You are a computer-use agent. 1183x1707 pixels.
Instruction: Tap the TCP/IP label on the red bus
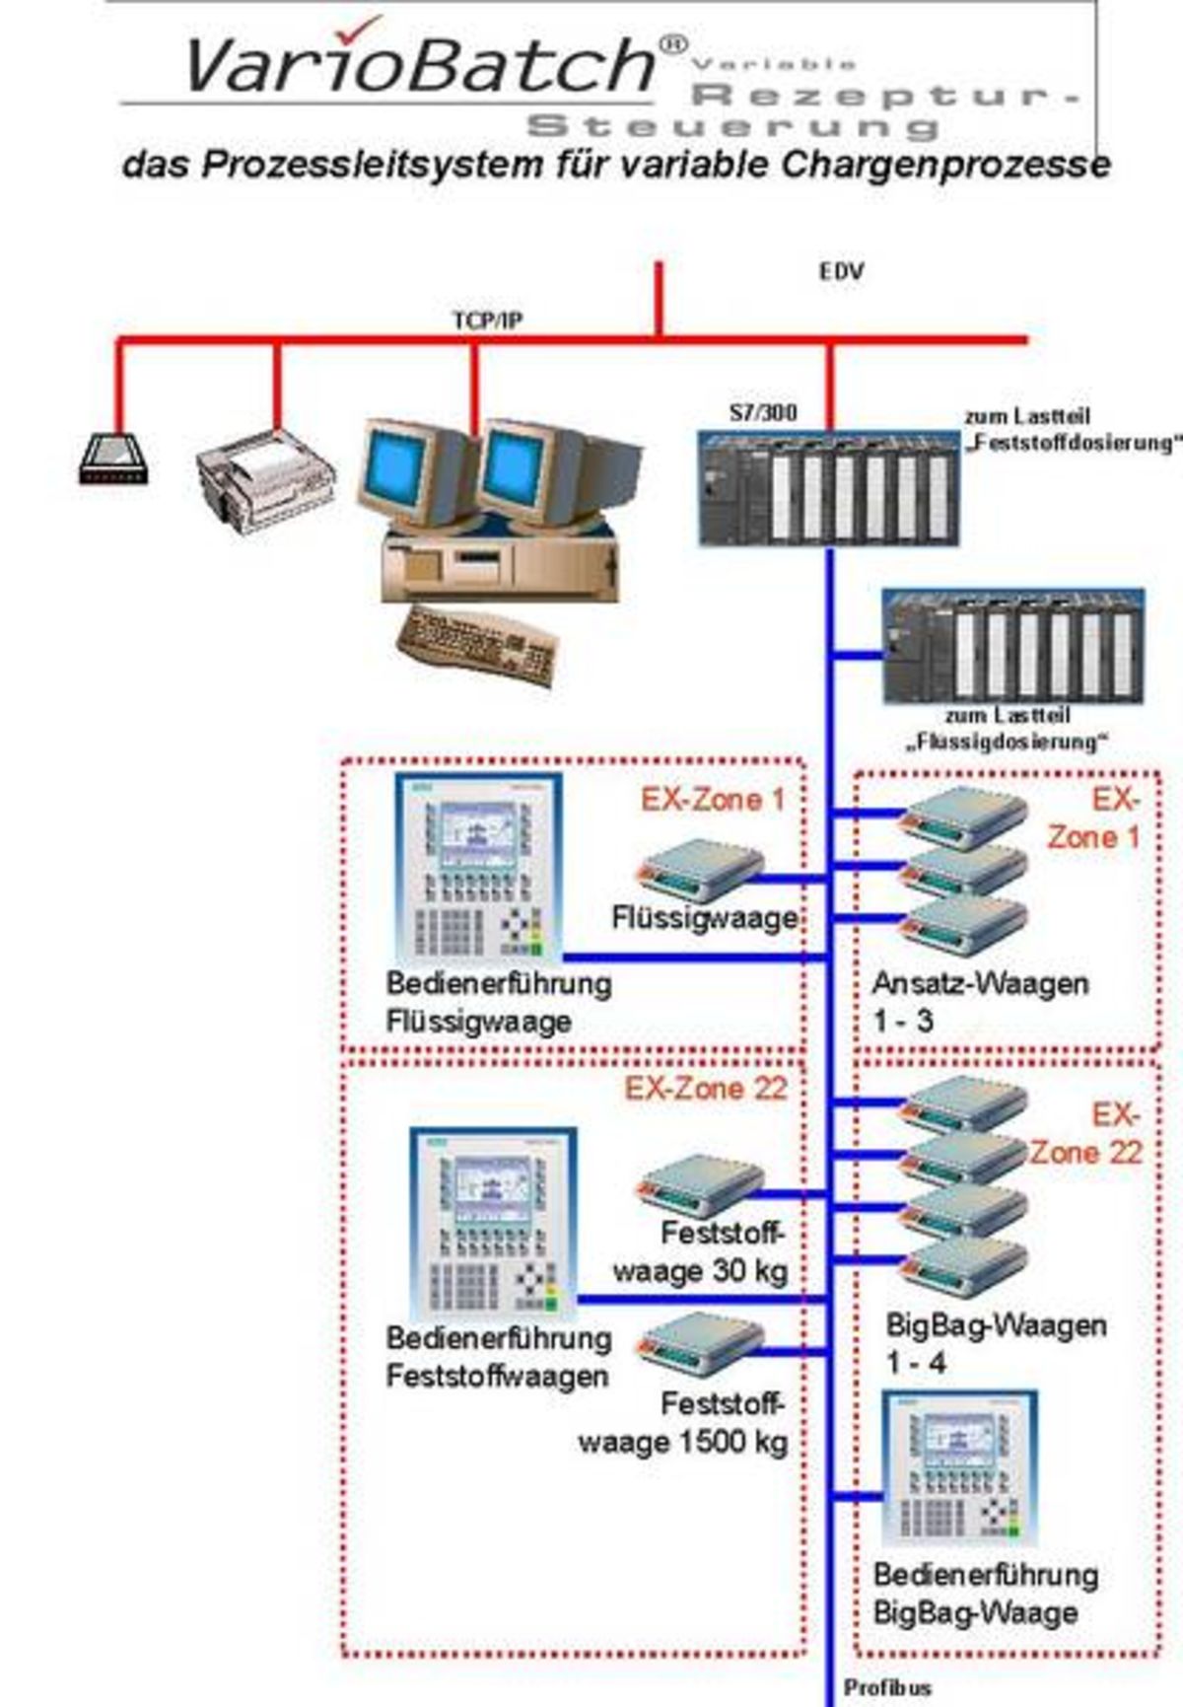pos(487,320)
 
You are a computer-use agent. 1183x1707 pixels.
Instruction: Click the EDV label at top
pos(841,271)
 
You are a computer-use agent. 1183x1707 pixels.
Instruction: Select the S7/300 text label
pos(763,412)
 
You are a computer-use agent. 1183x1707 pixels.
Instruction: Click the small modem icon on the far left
pos(113,460)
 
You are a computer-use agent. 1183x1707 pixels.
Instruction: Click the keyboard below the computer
pos(478,646)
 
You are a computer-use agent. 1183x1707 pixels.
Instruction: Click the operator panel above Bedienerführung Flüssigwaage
pos(480,867)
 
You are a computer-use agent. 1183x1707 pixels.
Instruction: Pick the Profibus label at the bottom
pos(887,1687)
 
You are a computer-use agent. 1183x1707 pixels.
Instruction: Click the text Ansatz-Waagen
pos(980,983)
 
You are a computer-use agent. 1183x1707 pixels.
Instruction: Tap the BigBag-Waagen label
pos(996,1324)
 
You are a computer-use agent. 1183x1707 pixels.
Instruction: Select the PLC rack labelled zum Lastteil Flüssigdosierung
pos(1013,647)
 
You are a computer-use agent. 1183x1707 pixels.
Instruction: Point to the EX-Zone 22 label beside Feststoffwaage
pos(706,1089)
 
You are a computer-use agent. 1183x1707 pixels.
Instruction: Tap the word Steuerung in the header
pos(733,126)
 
